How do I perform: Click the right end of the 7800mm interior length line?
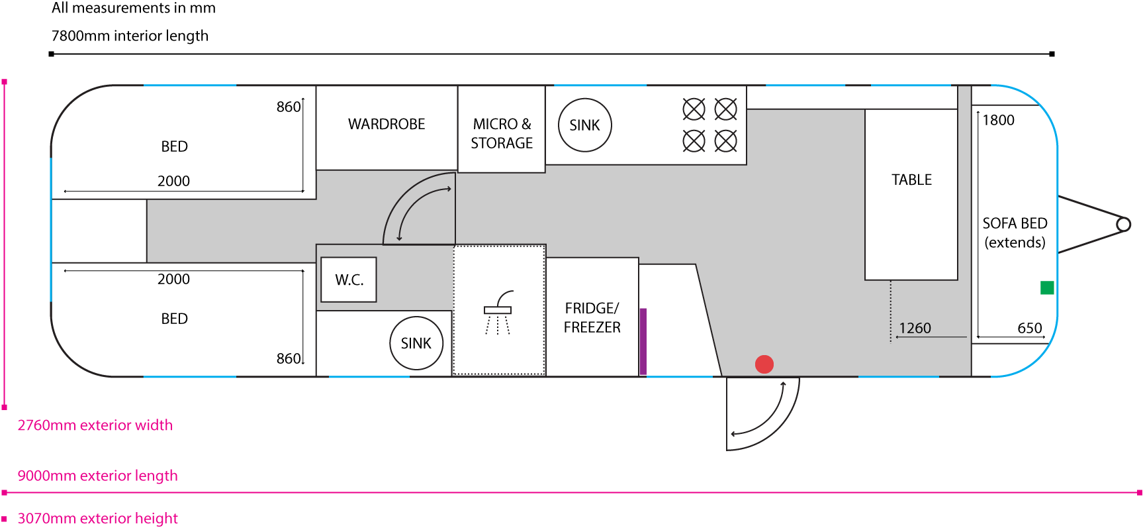tap(1052, 54)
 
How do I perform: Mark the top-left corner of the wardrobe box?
tap(316, 86)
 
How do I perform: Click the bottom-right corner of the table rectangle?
tap(958, 280)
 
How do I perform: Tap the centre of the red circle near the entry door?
tap(764, 364)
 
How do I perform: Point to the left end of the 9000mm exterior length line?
tap(5, 493)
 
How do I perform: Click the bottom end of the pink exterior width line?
tap(5, 407)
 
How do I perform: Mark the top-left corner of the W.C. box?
tap(322, 258)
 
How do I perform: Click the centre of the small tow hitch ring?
tap(1123, 225)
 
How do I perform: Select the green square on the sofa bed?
tap(1047, 288)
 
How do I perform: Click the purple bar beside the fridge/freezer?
tap(643, 341)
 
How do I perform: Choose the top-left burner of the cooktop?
tap(694, 109)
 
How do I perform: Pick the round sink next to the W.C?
tap(416, 343)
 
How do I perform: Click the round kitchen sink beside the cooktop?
tap(585, 125)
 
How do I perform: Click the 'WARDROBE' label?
tap(387, 125)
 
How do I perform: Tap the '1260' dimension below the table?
tap(915, 328)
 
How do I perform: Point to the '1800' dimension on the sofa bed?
tap(998, 120)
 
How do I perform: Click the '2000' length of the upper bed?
tap(173, 181)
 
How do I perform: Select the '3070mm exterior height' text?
tap(98, 518)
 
